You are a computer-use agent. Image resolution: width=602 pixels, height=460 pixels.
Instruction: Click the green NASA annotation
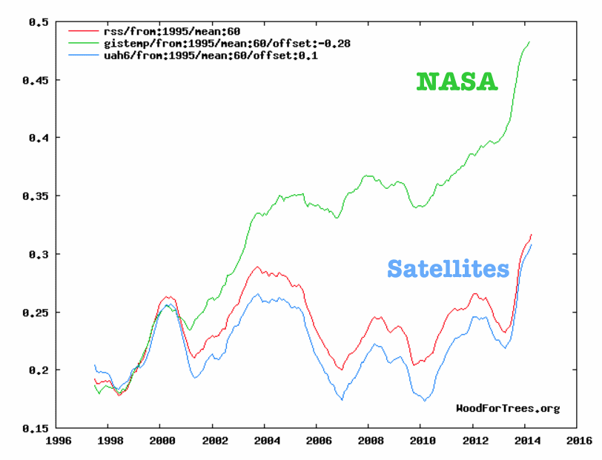(457, 81)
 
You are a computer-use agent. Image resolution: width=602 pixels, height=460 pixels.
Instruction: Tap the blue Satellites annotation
(448, 268)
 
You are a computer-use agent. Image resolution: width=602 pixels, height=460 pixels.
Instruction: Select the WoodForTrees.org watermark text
(507, 408)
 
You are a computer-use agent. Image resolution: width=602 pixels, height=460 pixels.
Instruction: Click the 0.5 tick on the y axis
(38, 22)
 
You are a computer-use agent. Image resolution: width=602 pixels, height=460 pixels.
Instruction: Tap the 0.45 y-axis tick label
(35, 80)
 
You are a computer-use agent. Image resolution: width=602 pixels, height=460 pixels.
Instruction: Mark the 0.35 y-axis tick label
(35, 196)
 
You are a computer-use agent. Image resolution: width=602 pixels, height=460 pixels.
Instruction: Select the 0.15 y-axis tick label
(35, 428)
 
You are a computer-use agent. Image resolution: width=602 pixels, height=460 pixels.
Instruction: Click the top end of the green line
(530, 42)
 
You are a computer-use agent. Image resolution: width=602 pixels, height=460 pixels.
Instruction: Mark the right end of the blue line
(532, 244)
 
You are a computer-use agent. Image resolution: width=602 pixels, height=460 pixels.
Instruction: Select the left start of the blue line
(95, 365)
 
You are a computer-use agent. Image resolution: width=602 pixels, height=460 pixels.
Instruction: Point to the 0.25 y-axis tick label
(35, 313)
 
